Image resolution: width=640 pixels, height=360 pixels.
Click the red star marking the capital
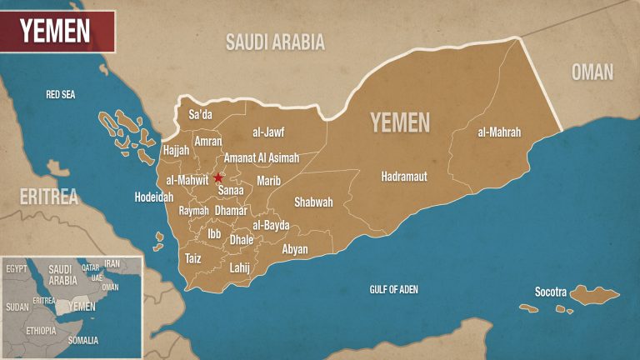point(218,177)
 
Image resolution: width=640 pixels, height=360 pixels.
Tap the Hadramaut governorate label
point(403,177)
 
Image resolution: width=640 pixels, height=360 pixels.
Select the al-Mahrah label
point(499,132)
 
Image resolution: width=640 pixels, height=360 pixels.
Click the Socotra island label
point(550,292)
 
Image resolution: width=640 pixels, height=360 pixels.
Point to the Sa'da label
point(201,114)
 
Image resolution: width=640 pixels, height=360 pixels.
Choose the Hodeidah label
point(153,197)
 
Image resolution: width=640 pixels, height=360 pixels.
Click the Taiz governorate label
point(192,258)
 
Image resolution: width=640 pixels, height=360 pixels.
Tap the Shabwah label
point(313,202)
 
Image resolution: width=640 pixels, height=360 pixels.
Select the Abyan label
point(295,249)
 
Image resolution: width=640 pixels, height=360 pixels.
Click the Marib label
point(269,181)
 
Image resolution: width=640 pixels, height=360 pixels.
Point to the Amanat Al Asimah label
point(261,158)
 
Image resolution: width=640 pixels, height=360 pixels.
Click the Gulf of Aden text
point(393,290)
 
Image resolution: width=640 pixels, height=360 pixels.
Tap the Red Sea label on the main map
point(60,95)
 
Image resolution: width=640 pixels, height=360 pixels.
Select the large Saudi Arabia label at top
point(275,42)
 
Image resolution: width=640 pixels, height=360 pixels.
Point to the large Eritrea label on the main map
point(49,197)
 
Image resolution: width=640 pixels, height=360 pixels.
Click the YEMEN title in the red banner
point(56,31)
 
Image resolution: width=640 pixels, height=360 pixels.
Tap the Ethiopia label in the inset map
point(41,331)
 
